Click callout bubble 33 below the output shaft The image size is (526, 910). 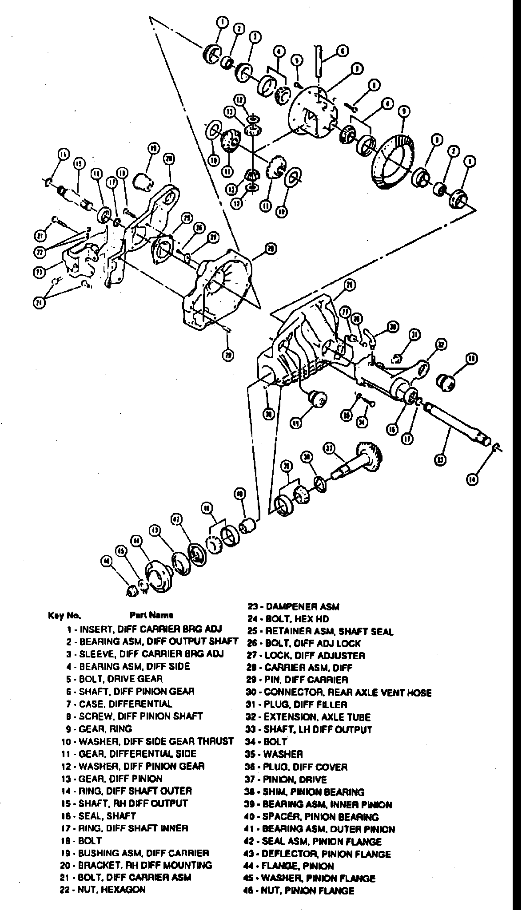click(x=440, y=459)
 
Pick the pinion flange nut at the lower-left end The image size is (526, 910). click(x=131, y=590)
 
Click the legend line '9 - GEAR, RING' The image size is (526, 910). click(x=98, y=728)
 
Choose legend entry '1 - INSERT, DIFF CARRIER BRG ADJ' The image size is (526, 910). click(x=144, y=629)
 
